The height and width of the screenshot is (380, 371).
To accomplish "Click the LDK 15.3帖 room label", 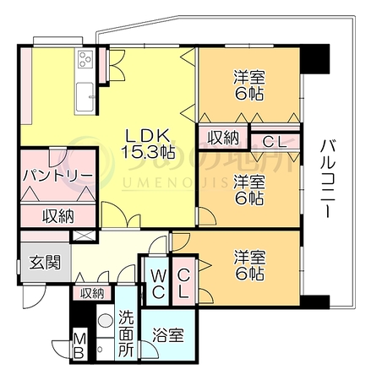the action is coord(148,144).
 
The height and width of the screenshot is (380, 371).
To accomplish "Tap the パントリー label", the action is coord(58,176).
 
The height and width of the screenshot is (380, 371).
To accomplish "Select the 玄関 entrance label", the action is coord(45,263).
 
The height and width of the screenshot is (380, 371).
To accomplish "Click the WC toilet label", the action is coord(157,284).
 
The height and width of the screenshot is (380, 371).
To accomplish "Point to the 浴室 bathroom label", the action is coord(168,335).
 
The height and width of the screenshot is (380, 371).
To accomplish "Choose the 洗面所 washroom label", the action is coord(126,334).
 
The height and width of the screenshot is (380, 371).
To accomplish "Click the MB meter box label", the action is coord(79,345).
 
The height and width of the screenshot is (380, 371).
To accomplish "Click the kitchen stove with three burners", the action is coord(86,59).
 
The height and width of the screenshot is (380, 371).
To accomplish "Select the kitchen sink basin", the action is coord(85,96).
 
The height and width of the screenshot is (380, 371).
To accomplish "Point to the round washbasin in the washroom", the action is coord(106,320).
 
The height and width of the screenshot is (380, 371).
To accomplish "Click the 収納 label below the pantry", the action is coord(58,216).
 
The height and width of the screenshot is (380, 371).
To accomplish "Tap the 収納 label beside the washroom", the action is coord(92,294).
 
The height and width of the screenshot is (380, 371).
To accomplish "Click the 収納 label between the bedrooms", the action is coord(223,138).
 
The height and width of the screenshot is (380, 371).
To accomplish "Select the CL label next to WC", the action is coord(183,284).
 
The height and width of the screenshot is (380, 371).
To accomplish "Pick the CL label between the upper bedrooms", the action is coord(274,142).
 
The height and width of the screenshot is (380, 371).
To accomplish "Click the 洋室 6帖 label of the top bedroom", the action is coord(249,85).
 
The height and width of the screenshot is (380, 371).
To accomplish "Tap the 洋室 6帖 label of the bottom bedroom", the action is coord(249,265).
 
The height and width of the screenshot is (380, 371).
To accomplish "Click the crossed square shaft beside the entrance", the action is coord(83,236).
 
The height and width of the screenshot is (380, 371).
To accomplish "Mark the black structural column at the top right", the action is coord(315,58).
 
